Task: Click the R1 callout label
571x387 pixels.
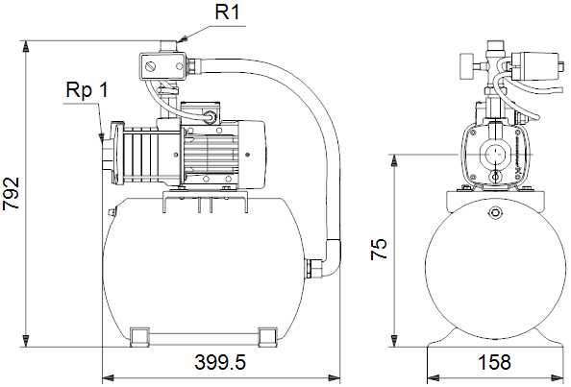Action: (228, 12)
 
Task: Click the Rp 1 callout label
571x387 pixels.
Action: (87, 89)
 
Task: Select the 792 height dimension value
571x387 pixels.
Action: (12, 193)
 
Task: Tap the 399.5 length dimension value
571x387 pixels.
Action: (220, 362)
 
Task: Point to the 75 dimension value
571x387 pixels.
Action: (379, 249)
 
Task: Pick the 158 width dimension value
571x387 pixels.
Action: (494, 362)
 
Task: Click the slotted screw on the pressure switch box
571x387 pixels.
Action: (150, 66)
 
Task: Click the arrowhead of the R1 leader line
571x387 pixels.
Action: (183, 39)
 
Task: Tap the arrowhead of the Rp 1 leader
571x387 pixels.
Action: (100, 136)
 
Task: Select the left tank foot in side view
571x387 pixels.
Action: (139, 337)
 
